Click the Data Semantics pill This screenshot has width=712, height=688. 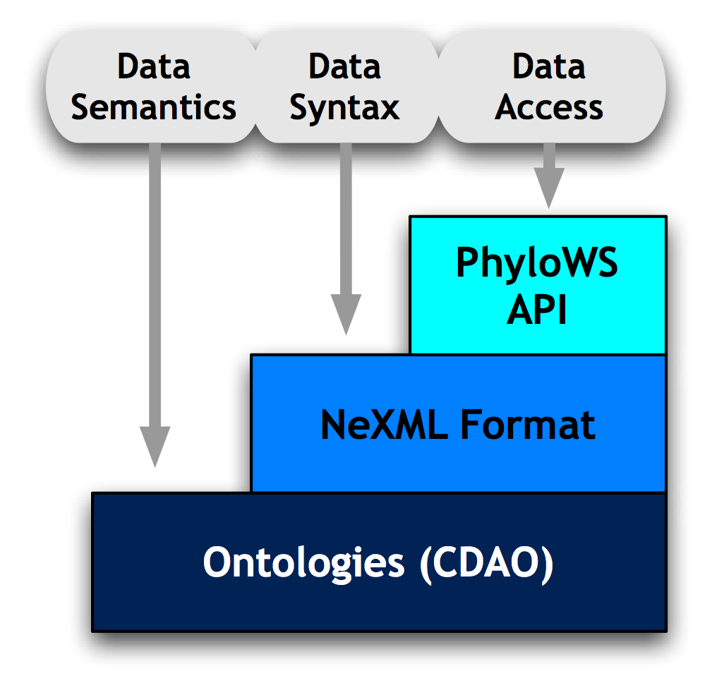click(x=152, y=87)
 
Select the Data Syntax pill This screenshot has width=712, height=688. click(x=345, y=87)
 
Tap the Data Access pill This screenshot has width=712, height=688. click(x=550, y=87)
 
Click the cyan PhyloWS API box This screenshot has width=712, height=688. click(x=538, y=286)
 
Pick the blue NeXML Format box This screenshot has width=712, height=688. click(x=459, y=424)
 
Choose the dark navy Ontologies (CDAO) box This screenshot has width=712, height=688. click(x=379, y=562)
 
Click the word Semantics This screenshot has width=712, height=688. click(x=153, y=107)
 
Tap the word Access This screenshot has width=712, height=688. click(x=549, y=107)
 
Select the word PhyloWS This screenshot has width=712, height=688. click(x=538, y=264)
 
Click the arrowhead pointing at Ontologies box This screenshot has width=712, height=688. click(x=155, y=446)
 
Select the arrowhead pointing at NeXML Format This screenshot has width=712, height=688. click(x=346, y=314)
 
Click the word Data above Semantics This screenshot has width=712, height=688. click(x=153, y=67)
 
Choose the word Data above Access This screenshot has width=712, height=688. click(x=549, y=67)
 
